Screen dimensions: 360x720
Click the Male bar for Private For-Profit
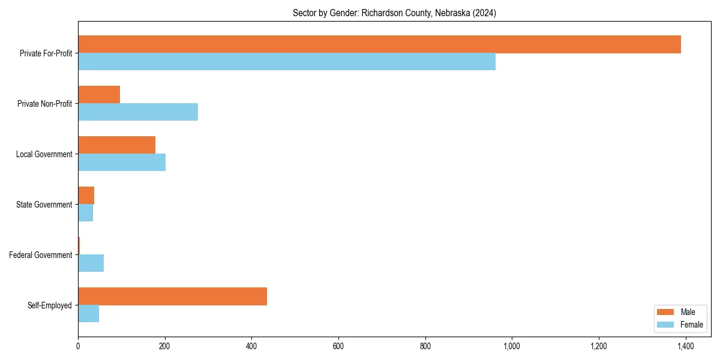379,44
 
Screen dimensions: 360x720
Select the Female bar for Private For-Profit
287,62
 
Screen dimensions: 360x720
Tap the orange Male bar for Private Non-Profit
99,95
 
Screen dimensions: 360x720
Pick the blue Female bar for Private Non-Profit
138,112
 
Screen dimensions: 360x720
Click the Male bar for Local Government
116,145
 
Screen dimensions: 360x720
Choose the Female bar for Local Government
122,163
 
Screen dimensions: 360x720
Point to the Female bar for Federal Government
91,263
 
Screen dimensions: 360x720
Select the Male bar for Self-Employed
172,296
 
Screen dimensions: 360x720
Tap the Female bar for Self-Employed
88,314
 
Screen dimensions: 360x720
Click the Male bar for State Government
86,196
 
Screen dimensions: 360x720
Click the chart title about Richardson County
394,13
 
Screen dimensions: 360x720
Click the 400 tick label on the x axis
251,346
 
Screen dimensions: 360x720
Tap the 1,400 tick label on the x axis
685,346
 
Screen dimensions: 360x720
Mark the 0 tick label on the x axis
78,346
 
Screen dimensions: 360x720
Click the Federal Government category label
41,255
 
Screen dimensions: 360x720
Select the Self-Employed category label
50,305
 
